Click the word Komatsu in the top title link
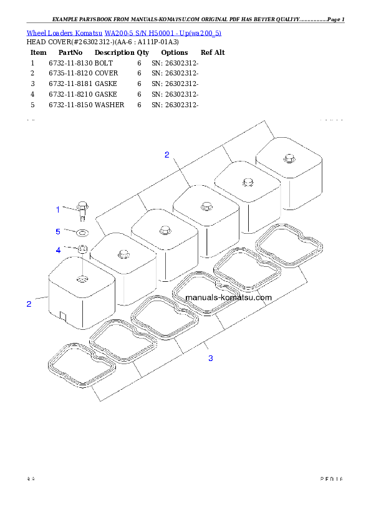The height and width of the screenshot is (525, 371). tap(89, 32)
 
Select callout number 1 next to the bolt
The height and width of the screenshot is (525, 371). tap(59, 209)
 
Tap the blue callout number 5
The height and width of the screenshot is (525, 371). tap(58, 231)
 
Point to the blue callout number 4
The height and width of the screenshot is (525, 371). tap(59, 250)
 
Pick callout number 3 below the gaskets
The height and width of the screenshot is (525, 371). tap(211, 358)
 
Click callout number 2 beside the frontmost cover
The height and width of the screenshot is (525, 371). tap(29, 304)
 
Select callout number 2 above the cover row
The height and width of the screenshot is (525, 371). tap(166, 155)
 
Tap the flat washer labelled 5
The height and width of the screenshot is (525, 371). tap(82, 233)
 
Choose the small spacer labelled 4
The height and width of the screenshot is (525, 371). tap(82, 250)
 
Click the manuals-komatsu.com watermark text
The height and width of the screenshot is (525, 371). tap(228, 297)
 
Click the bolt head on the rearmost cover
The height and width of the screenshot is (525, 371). tap(289, 158)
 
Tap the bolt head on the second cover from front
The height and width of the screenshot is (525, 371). tap(123, 254)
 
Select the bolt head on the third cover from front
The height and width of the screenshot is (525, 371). tap(165, 230)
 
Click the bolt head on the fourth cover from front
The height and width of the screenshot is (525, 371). tap(206, 206)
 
